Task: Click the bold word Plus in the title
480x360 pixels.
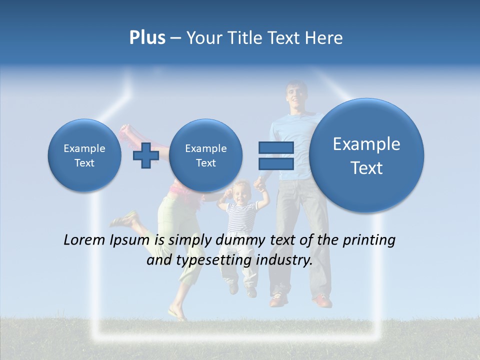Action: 147,37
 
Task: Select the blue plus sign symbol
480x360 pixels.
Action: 146,155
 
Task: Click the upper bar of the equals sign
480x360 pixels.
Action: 275,147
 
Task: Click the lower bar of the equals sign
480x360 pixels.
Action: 275,163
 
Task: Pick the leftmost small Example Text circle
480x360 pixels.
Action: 84,155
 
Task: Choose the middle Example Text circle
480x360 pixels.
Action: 205,155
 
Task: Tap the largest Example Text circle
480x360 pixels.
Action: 366,155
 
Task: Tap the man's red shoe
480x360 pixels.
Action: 322,300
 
